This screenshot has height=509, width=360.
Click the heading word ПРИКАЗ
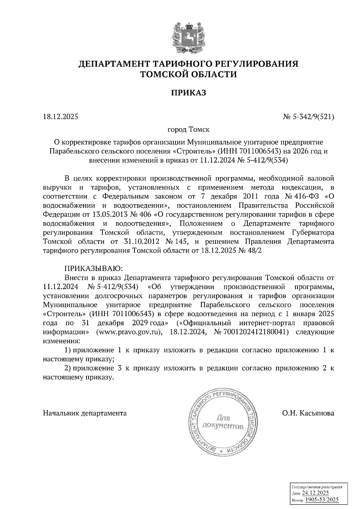[x=189, y=93]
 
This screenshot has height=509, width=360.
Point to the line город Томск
[x=188, y=130]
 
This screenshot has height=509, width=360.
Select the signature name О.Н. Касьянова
[x=308, y=413]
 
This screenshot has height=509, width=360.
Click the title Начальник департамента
[x=85, y=413]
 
